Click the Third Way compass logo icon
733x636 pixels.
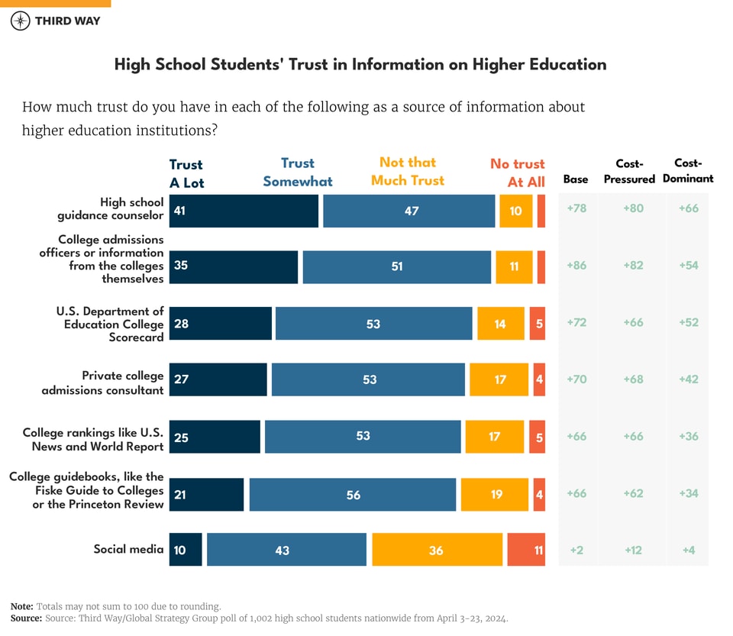[21, 21]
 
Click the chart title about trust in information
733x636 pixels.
[360, 64]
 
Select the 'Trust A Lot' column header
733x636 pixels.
[186, 173]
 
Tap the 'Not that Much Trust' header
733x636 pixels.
[408, 171]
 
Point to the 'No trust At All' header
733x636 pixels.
[518, 173]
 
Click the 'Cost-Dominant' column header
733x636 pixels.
[688, 170]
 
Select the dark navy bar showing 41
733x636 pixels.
[244, 211]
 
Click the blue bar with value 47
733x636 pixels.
[408, 211]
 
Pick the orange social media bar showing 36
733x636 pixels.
[437, 550]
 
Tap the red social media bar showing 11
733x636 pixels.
[526, 550]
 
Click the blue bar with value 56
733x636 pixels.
[352, 495]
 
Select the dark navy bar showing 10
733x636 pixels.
[186, 550]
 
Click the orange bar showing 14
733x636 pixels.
[500, 324]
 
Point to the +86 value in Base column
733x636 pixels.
[576, 266]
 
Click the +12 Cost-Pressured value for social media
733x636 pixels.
[633, 550]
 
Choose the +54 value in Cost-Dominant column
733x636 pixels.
[688, 266]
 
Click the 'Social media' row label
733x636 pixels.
[128, 549]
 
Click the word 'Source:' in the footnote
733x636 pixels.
[26, 618]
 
